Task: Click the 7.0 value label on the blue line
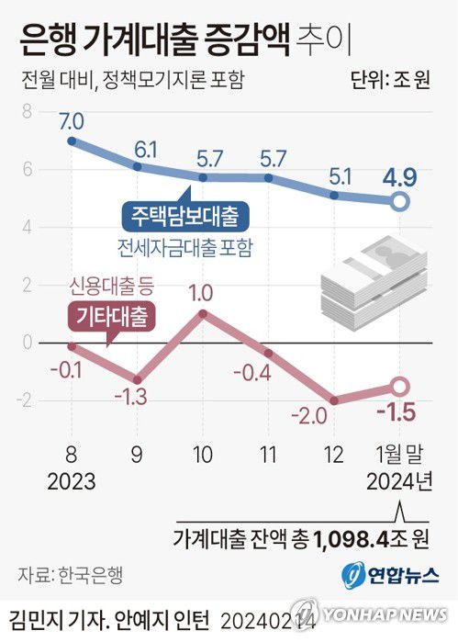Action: tap(72, 120)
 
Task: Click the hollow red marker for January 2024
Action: tap(400, 387)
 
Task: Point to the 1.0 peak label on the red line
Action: tap(203, 293)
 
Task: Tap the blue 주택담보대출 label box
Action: tap(184, 218)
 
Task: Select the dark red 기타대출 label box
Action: tap(112, 315)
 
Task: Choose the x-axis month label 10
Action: tap(203, 455)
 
